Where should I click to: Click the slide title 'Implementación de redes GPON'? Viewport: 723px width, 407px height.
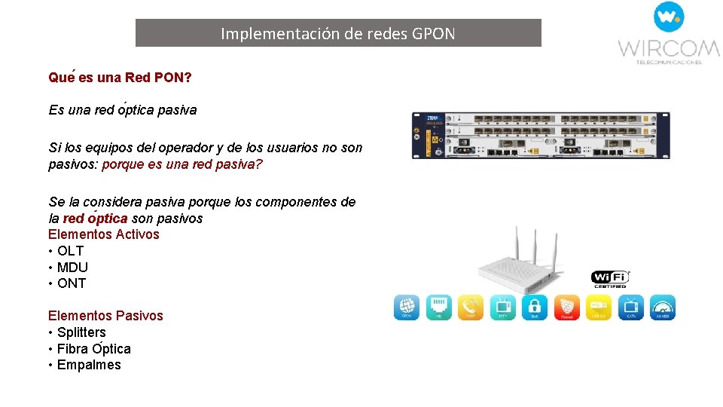coord(338,33)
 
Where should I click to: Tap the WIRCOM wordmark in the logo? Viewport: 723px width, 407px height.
coord(669,49)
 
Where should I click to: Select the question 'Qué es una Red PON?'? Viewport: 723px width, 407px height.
coord(120,78)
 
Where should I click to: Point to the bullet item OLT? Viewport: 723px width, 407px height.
coord(70,251)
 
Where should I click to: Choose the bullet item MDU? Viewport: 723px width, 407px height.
coord(72,268)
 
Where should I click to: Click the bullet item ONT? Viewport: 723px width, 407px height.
coord(72,283)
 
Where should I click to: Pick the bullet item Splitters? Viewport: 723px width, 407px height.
coord(81,332)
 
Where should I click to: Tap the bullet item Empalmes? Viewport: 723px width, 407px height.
coord(89,365)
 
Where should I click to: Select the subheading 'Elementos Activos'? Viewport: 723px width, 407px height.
coord(104,234)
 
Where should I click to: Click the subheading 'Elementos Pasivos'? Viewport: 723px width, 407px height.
coord(105,316)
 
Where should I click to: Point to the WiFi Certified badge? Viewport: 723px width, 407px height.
coord(611,279)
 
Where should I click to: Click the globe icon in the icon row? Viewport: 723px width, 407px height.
coord(407,307)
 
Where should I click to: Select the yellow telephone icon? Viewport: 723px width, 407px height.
coord(471,307)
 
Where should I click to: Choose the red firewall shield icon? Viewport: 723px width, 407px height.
coord(567,307)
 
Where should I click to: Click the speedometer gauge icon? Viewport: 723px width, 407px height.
coord(663,307)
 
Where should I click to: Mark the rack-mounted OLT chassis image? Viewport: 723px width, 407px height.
coord(541,136)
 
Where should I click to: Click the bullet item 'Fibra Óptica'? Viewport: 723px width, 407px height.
coord(94,349)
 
